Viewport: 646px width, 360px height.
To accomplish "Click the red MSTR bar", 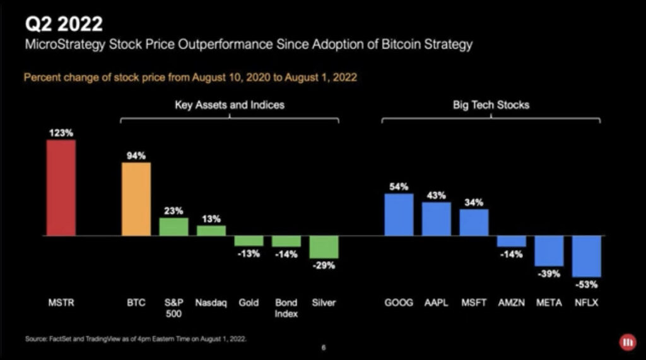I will [61, 188].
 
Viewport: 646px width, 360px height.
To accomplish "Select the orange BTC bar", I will [136, 199].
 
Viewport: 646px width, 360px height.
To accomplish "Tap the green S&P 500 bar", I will [173, 227].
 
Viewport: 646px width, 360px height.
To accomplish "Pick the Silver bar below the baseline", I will [324, 247].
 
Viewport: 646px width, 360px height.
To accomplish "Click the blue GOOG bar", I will [399, 214].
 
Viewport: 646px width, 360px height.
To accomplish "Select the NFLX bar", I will [587, 257].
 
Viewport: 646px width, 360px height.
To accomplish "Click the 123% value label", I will [61, 133].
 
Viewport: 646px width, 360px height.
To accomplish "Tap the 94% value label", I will [136, 156].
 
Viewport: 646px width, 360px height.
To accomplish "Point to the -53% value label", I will [587, 284].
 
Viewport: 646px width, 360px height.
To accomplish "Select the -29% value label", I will [324, 265].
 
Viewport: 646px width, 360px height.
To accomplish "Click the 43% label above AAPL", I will [437, 195].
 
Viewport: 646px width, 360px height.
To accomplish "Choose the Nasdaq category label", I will [211, 303].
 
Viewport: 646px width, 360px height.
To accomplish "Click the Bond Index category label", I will [286, 308].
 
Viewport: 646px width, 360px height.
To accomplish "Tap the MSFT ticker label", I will [474, 303].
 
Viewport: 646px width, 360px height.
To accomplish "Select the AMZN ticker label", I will [511, 303].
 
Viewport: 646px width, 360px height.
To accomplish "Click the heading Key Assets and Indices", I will [230, 105].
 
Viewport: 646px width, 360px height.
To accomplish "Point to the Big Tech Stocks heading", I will [491, 105].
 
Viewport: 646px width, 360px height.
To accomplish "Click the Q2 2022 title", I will [63, 25].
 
